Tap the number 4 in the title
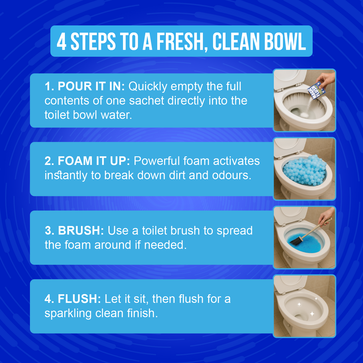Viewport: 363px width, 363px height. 61,41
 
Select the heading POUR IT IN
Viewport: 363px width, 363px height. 84,86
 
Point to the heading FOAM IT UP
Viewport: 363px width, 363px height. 87,161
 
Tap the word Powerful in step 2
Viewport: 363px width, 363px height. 156,161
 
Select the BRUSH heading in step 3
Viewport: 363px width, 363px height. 74,230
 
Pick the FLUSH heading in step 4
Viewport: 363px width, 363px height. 73,298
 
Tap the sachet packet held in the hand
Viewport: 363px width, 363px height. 316,90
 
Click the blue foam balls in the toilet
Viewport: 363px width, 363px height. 305,170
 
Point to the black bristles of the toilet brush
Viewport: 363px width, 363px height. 296,241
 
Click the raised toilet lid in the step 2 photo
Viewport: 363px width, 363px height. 290,147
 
